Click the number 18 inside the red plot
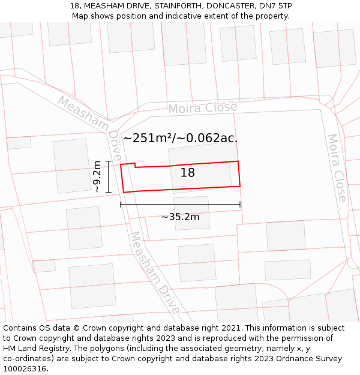pos(188,173)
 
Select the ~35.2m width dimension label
pos(180,217)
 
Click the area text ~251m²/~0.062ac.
pos(180,138)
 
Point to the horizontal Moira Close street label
pos(202,108)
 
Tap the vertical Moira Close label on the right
pos(337,168)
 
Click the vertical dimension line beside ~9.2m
pos(108,177)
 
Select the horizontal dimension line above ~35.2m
pos(180,205)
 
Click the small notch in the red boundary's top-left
pos(135,165)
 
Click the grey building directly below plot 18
pos(192,213)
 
